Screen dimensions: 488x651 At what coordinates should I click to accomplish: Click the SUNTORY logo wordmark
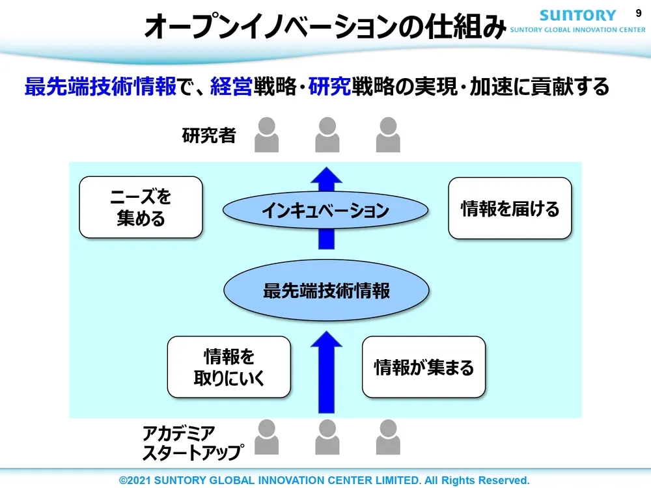pos(578,15)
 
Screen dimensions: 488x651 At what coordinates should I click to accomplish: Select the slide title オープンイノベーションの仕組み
pos(324,28)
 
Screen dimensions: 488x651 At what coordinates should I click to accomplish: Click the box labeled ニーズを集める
pos(141,207)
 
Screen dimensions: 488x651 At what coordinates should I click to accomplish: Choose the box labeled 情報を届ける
pos(510,208)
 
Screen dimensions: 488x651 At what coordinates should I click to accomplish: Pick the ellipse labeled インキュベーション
pos(325,210)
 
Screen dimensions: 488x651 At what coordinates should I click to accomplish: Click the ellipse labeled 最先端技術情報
pos(326,290)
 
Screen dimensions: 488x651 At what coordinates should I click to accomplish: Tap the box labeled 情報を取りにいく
pos(229,367)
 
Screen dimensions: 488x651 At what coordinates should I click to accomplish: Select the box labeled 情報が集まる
pos(423,367)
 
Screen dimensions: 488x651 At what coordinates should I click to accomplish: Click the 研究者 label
pos(208,136)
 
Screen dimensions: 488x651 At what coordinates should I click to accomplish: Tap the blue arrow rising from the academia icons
pos(326,371)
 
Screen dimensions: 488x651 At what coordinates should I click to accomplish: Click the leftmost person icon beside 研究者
pos(266,134)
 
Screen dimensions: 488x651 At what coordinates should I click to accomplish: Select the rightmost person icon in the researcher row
pos(388,134)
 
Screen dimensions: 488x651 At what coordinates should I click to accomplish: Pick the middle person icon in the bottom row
pos(327,437)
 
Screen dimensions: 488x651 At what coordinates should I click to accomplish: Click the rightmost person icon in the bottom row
pos(388,437)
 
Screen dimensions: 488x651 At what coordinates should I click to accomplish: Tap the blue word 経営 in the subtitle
pos(230,87)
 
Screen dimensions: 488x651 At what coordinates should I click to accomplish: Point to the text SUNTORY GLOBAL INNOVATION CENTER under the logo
pos(578,30)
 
